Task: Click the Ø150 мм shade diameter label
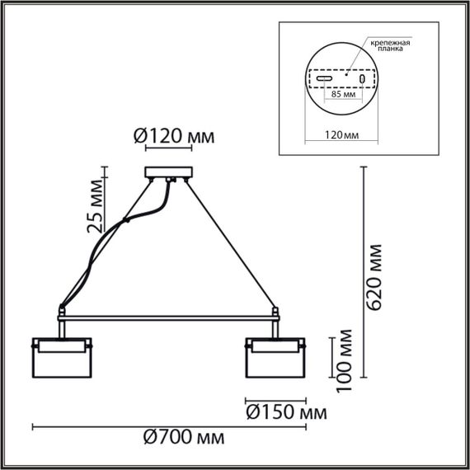pos(284,410)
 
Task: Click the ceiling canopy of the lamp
pos(168,173)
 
